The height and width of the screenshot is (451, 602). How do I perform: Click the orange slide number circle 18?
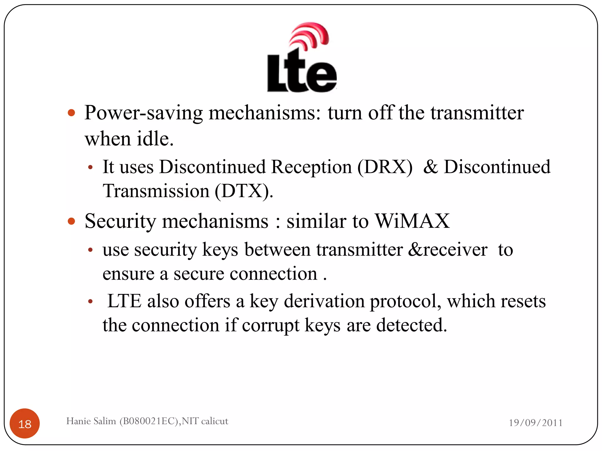25,424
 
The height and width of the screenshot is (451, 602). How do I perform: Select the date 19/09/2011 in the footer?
536,423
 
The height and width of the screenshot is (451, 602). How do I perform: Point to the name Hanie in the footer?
78,421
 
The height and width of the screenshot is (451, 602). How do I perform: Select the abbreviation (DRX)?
385,167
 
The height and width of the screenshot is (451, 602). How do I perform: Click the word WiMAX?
412,221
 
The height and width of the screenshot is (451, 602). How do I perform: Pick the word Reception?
311,167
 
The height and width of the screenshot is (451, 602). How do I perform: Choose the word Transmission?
156,191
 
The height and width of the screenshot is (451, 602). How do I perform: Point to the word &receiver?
448,250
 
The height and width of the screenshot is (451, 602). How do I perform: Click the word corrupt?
270,325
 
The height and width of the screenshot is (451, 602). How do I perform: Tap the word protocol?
405,302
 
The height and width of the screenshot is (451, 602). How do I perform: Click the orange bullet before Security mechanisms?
71,221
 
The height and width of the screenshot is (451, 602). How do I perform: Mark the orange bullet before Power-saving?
71,113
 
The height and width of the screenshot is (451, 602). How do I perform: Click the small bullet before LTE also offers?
91,302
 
